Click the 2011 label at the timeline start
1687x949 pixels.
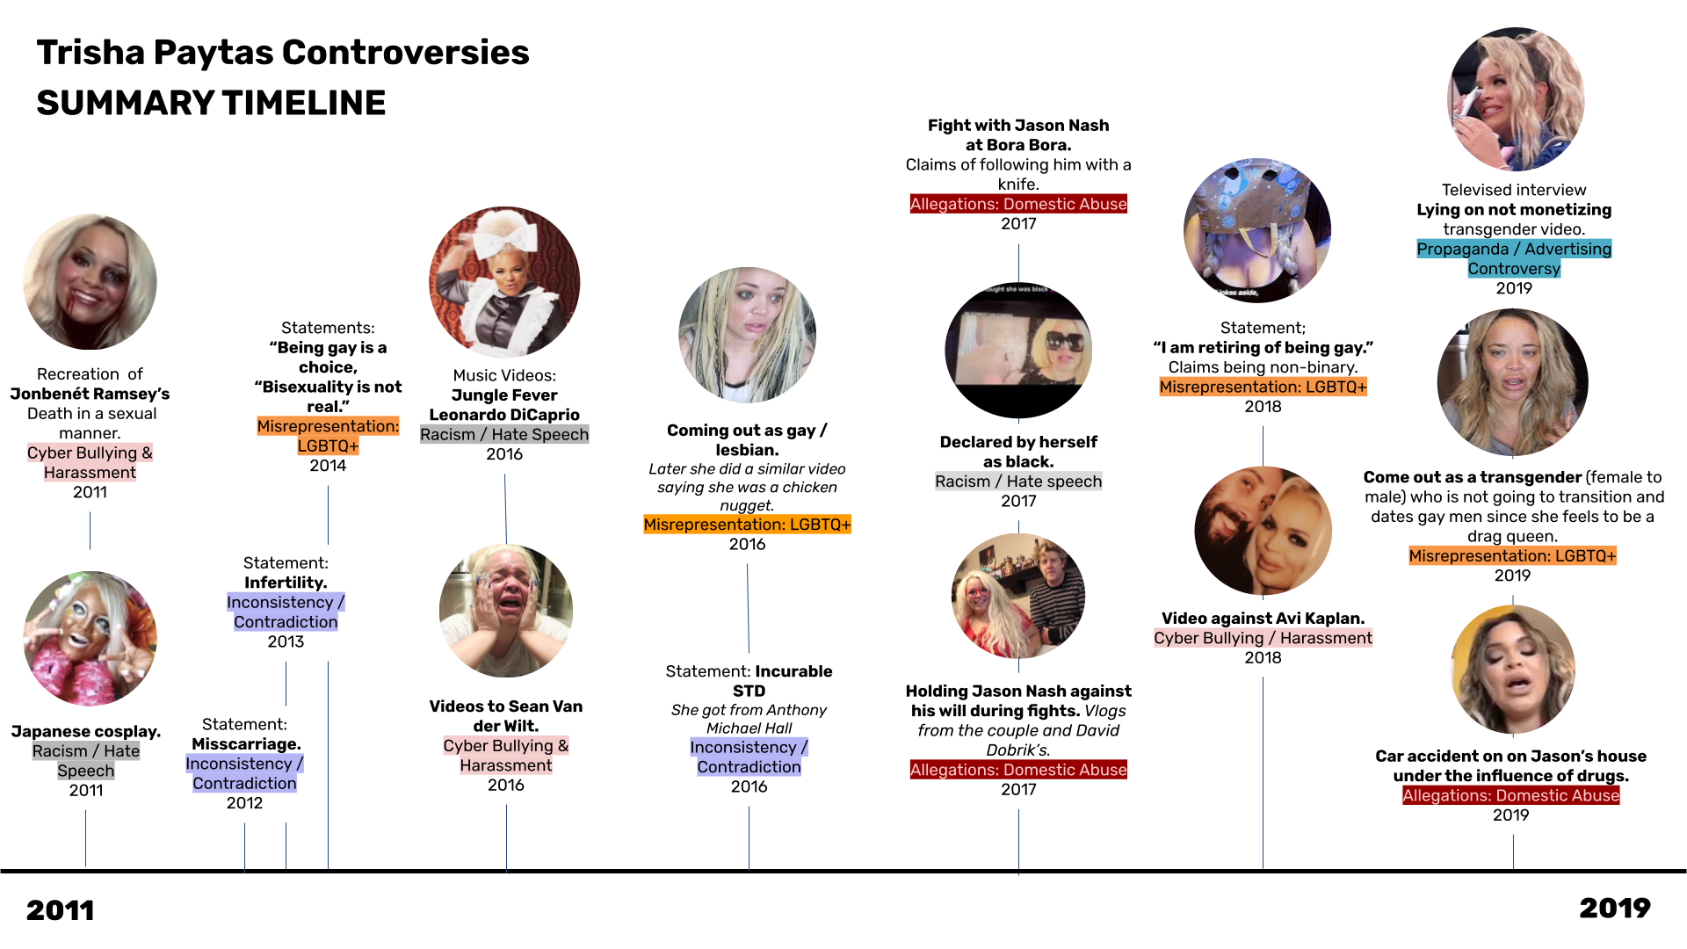60,910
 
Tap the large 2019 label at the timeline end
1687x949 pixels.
1614,908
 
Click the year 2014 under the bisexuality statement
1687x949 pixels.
328,466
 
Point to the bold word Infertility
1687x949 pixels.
286,583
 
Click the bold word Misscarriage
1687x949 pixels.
246,744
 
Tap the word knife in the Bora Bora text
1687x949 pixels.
1018,185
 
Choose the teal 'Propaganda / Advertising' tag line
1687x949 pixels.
1513,250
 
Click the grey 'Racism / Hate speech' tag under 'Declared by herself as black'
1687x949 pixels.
1018,482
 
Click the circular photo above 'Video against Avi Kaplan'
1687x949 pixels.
1263,531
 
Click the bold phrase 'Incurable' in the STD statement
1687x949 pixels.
793,671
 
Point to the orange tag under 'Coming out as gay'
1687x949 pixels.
747,525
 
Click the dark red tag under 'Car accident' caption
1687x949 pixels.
1510,796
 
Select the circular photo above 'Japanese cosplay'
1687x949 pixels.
90,639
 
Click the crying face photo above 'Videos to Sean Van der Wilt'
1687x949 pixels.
506,611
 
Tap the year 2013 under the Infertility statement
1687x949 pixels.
286,642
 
